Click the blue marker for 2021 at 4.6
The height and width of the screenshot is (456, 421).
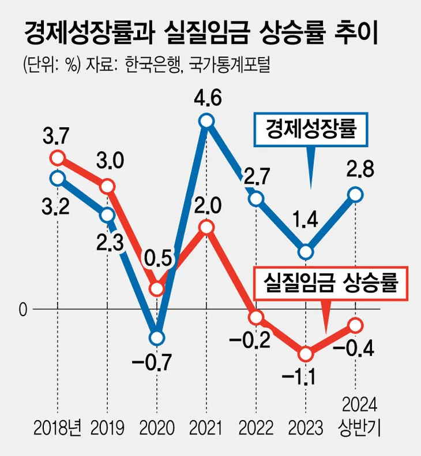click(207, 121)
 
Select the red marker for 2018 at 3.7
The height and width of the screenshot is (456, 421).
click(58, 158)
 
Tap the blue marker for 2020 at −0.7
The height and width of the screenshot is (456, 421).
click(157, 338)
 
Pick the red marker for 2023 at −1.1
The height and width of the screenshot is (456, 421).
click(306, 354)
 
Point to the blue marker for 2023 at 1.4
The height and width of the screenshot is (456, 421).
click(306, 252)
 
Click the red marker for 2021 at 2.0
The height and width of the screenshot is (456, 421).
click(207, 227)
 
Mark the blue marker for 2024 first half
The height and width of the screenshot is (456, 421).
click(355, 195)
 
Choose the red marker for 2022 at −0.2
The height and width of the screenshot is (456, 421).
click(256, 317)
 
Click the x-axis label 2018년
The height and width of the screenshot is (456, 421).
click(58, 428)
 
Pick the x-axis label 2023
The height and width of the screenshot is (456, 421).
click(306, 428)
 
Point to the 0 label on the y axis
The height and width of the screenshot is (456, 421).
click(23, 310)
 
